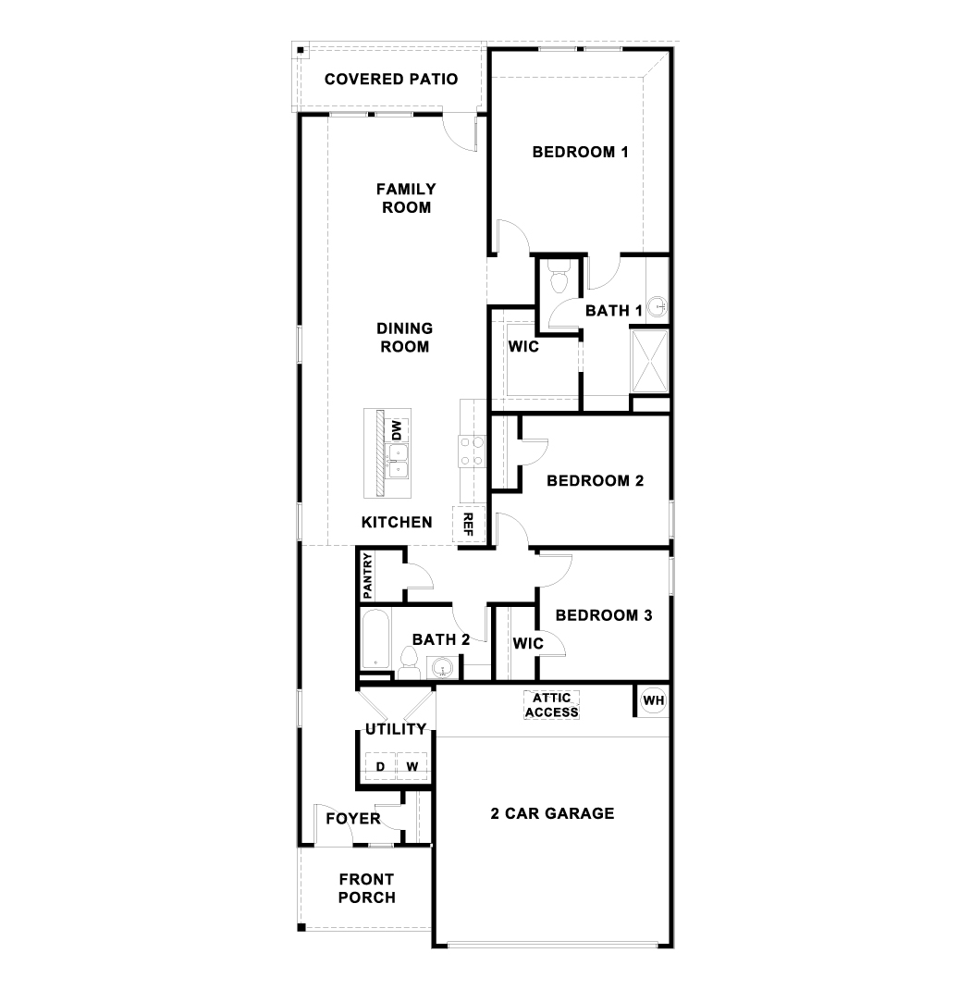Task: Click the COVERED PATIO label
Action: [391, 79]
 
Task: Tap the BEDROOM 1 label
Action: [581, 152]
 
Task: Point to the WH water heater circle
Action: [654, 700]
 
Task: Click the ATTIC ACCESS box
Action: [551, 705]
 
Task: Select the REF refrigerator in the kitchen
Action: [468, 524]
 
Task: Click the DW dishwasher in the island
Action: [396, 430]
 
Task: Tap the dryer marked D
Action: [380, 766]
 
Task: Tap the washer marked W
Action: [412, 766]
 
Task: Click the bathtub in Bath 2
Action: [375, 639]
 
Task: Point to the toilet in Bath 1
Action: [559, 277]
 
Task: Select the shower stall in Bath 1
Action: [650, 361]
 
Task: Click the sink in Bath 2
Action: [442, 668]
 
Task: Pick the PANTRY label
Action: [368, 575]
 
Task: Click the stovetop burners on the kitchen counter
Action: [472, 452]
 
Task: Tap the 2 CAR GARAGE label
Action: [553, 813]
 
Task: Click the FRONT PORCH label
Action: [366, 888]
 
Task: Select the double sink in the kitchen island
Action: [397, 461]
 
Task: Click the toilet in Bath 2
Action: [410, 664]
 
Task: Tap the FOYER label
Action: [352, 819]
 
